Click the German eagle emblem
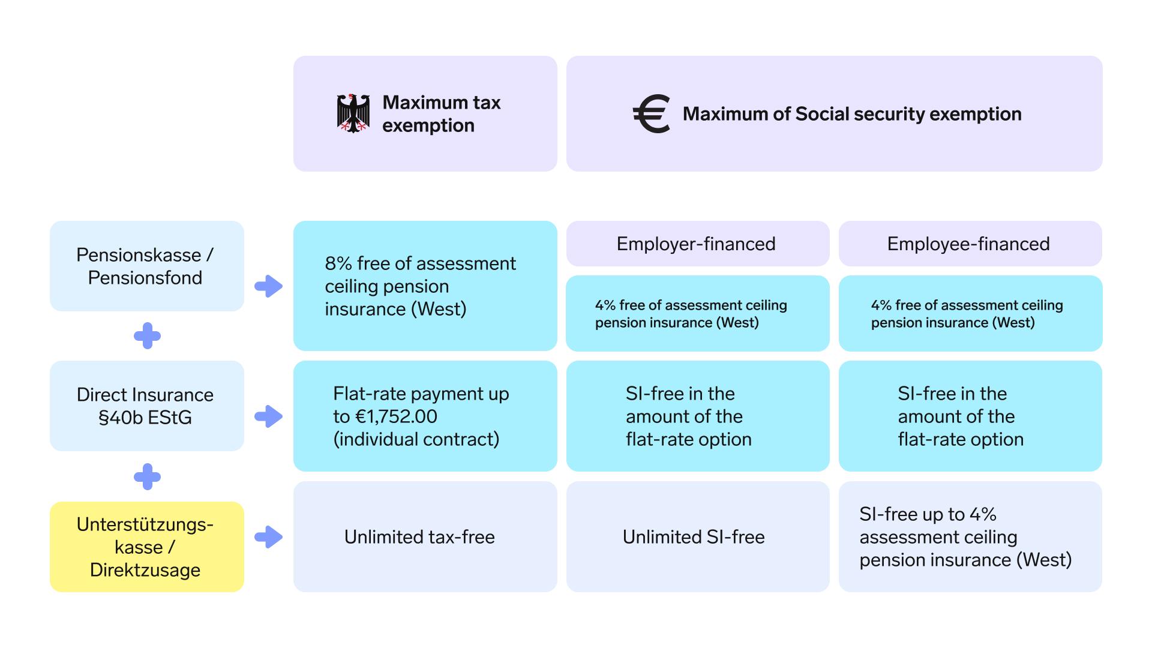coord(353,113)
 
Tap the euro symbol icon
coord(652,113)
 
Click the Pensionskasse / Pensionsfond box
coord(147,266)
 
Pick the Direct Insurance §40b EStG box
coord(147,406)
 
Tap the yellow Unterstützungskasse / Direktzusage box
coord(147,547)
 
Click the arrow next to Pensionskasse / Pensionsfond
coord(268,286)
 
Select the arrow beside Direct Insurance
coord(268,416)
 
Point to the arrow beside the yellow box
coord(268,537)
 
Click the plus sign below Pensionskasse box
coord(147,336)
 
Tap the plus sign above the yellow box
coord(147,477)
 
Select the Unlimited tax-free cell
coord(425,536)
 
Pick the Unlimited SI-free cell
coord(698,536)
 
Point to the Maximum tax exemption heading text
coord(441,114)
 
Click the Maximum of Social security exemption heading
coord(852,114)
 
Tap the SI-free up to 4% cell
coord(970,536)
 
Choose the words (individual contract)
coord(416,439)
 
